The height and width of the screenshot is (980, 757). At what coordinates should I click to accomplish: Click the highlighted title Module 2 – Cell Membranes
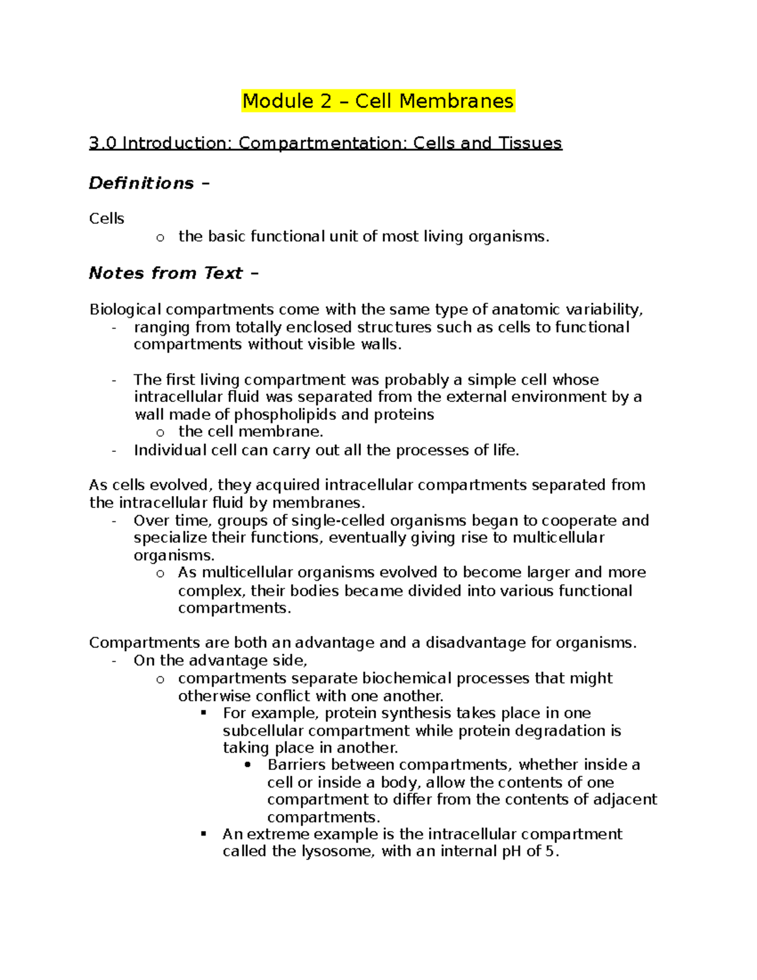point(378,101)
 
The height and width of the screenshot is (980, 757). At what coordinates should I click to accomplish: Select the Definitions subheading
point(141,183)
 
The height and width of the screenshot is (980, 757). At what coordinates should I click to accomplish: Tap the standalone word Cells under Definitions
point(107,218)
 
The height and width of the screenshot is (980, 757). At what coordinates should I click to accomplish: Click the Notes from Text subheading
point(165,273)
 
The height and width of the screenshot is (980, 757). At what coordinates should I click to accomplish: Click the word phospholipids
point(285,415)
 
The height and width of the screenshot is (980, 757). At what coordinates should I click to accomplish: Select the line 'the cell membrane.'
point(250,432)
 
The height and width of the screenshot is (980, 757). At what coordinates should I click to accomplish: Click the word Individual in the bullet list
point(169,450)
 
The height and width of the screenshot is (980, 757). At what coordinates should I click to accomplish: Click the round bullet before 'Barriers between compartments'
point(248,765)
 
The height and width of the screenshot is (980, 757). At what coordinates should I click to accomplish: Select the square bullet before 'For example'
point(203,713)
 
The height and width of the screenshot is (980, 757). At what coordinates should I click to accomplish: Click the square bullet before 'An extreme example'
point(203,834)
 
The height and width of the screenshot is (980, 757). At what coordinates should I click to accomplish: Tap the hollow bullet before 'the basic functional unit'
point(160,237)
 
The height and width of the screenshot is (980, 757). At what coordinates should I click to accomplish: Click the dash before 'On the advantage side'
point(114,661)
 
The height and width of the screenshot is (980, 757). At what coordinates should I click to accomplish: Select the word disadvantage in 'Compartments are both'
point(476,642)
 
